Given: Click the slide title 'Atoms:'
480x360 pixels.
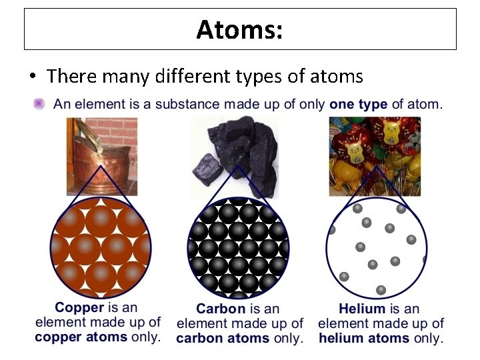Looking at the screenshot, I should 240,29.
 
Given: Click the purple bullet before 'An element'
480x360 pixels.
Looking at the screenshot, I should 39,104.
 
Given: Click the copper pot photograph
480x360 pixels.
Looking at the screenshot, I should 101,155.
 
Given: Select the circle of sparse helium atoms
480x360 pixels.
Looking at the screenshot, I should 376,248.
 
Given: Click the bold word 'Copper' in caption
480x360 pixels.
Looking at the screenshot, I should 79,308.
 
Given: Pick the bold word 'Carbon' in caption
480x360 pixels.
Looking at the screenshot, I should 221,309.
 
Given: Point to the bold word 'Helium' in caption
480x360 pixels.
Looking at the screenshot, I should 362,309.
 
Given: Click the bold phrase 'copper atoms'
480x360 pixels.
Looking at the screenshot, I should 81,337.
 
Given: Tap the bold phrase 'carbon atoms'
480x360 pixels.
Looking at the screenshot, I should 223,338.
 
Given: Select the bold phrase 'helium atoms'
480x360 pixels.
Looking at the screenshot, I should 365,338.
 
